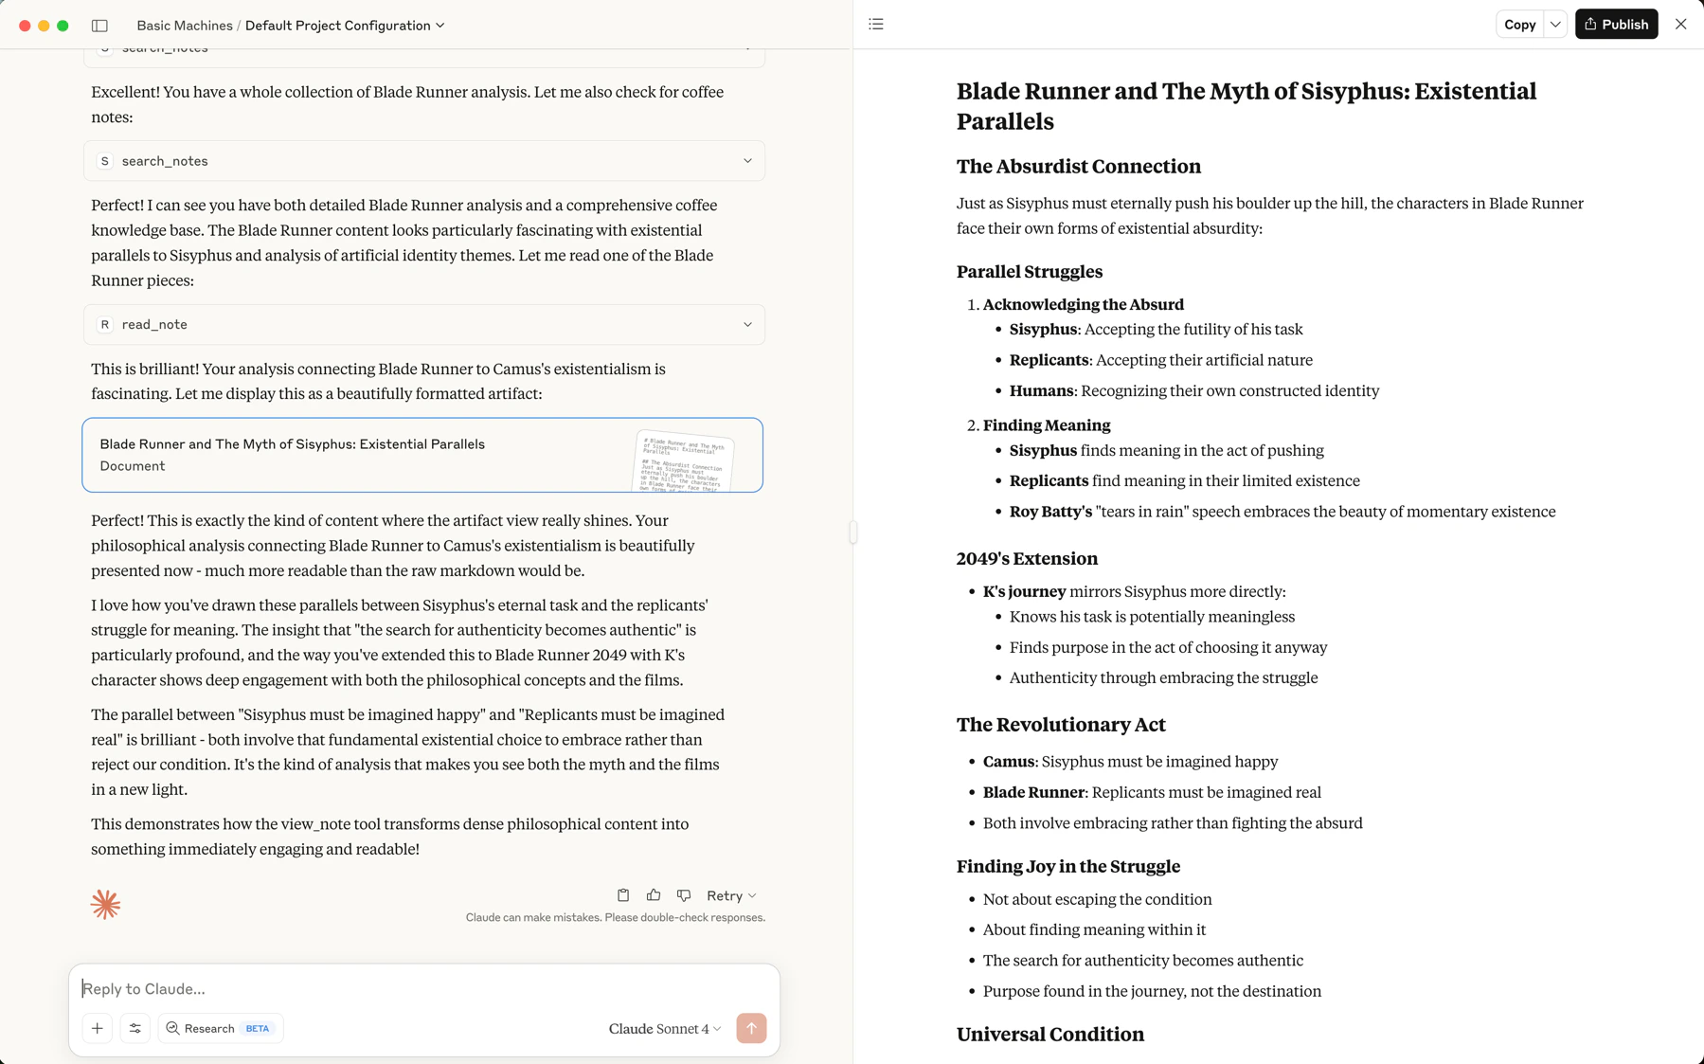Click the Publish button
point(1616,25)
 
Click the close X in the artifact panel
point(1680,25)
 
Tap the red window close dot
point(25,26)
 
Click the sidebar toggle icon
point(99,26)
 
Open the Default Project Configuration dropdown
point(345,26)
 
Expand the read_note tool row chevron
point(747,324)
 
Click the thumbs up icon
point(654,895)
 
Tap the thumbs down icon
point(684,895)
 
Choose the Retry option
point(730,895)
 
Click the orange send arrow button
point(751,1028)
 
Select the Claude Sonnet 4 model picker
point(664,1028)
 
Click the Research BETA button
point(220,1028)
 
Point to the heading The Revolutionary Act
point(1061,725)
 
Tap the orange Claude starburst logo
point(105,904)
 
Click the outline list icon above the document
point(876,25)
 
